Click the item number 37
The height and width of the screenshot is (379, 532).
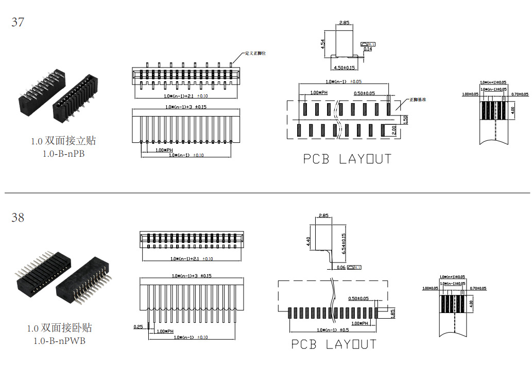coord(18,23)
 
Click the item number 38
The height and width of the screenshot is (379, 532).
coord(18,218)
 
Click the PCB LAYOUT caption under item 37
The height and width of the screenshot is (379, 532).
coord(347,159)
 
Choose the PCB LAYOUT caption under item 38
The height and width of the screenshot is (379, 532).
coord(334,344)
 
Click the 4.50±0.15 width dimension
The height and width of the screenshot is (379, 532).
coord(345,68)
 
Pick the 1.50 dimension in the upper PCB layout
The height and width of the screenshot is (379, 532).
coord(405,119)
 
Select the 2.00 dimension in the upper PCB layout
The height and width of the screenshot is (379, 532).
coord(394,130)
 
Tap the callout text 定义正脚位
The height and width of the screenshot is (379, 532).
coord(255,53)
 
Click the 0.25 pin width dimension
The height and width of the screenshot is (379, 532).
coord(138,326)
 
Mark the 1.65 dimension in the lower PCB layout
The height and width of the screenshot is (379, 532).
coord(392,312)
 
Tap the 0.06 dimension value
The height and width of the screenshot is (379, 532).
coord(341,268)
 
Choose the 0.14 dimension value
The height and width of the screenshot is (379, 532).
coord(368,50)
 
